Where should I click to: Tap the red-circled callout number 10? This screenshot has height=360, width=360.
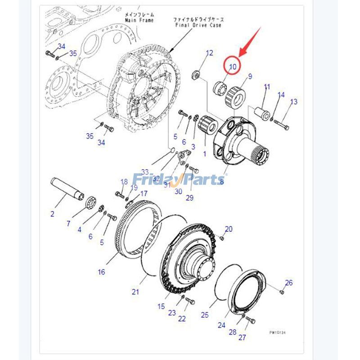pyautogui.click(x=233, y=67)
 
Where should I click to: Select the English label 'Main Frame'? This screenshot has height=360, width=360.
pyautogui.click(x=139, y=20)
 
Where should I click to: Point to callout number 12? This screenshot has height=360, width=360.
pyautogui.click(x=209, y=53)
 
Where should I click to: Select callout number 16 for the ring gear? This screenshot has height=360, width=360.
pyautogui.click(x=101, y=271)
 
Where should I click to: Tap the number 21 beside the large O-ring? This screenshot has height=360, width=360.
pyautogui.click(x=135, y=292)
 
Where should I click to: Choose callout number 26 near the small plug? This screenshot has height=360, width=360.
pyautogui.click(x=288, y=283)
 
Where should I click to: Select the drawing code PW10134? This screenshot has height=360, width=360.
pyautogui.click(x=278, y=333)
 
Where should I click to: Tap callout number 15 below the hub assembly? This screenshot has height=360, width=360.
pyautogui.click(x=161, y=306)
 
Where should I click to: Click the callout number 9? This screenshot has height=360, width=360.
pyautogui.click(x=250, y=76)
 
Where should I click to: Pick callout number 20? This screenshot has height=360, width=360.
pyautogui.click(x=229, y=229)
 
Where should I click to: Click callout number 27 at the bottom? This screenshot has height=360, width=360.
pyautogui.click(x=243, y=337)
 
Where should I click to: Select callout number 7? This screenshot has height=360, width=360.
pyautogui.click(x=68, y=223)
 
